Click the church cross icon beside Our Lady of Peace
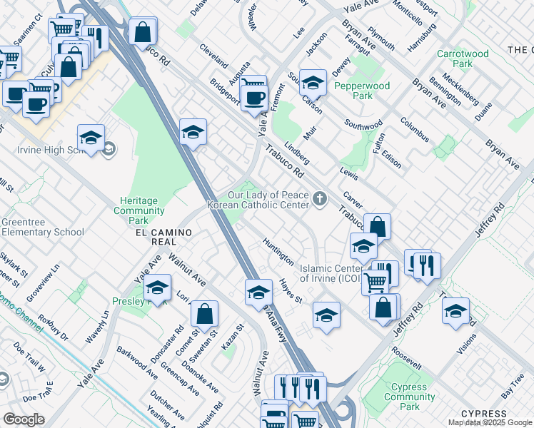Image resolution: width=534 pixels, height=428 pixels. coord(321,199)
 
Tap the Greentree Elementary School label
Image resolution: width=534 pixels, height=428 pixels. coord(42,227)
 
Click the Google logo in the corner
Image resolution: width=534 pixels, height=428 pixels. coord(23,419)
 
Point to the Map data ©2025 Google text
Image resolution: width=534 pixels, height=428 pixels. coord(490,422)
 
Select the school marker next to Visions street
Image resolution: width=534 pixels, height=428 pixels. coord(455,311)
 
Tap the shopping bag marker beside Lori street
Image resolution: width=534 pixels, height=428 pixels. coord(204,314)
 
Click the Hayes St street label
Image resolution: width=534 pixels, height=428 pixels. coord(291,290)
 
